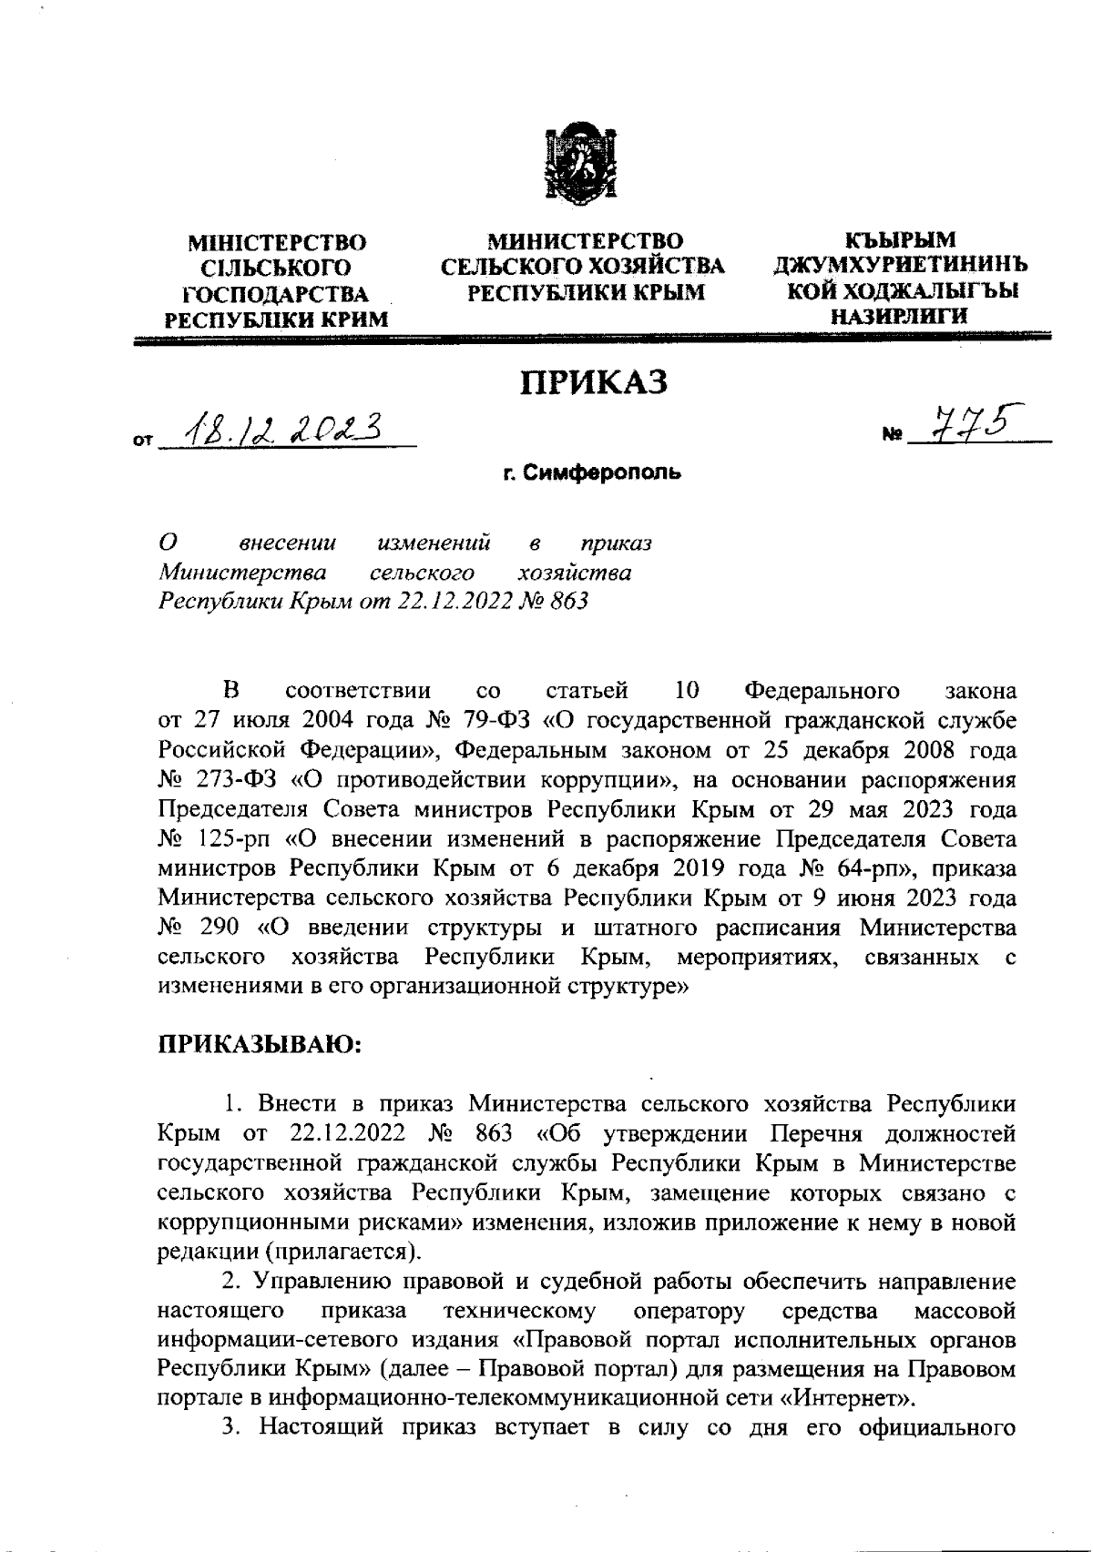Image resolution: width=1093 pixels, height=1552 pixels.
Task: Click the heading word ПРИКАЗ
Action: coord(593,381)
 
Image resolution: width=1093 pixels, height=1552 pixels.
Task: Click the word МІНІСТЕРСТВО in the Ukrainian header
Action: coord(276,243)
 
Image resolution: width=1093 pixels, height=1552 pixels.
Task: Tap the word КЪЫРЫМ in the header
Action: coord(901,240)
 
